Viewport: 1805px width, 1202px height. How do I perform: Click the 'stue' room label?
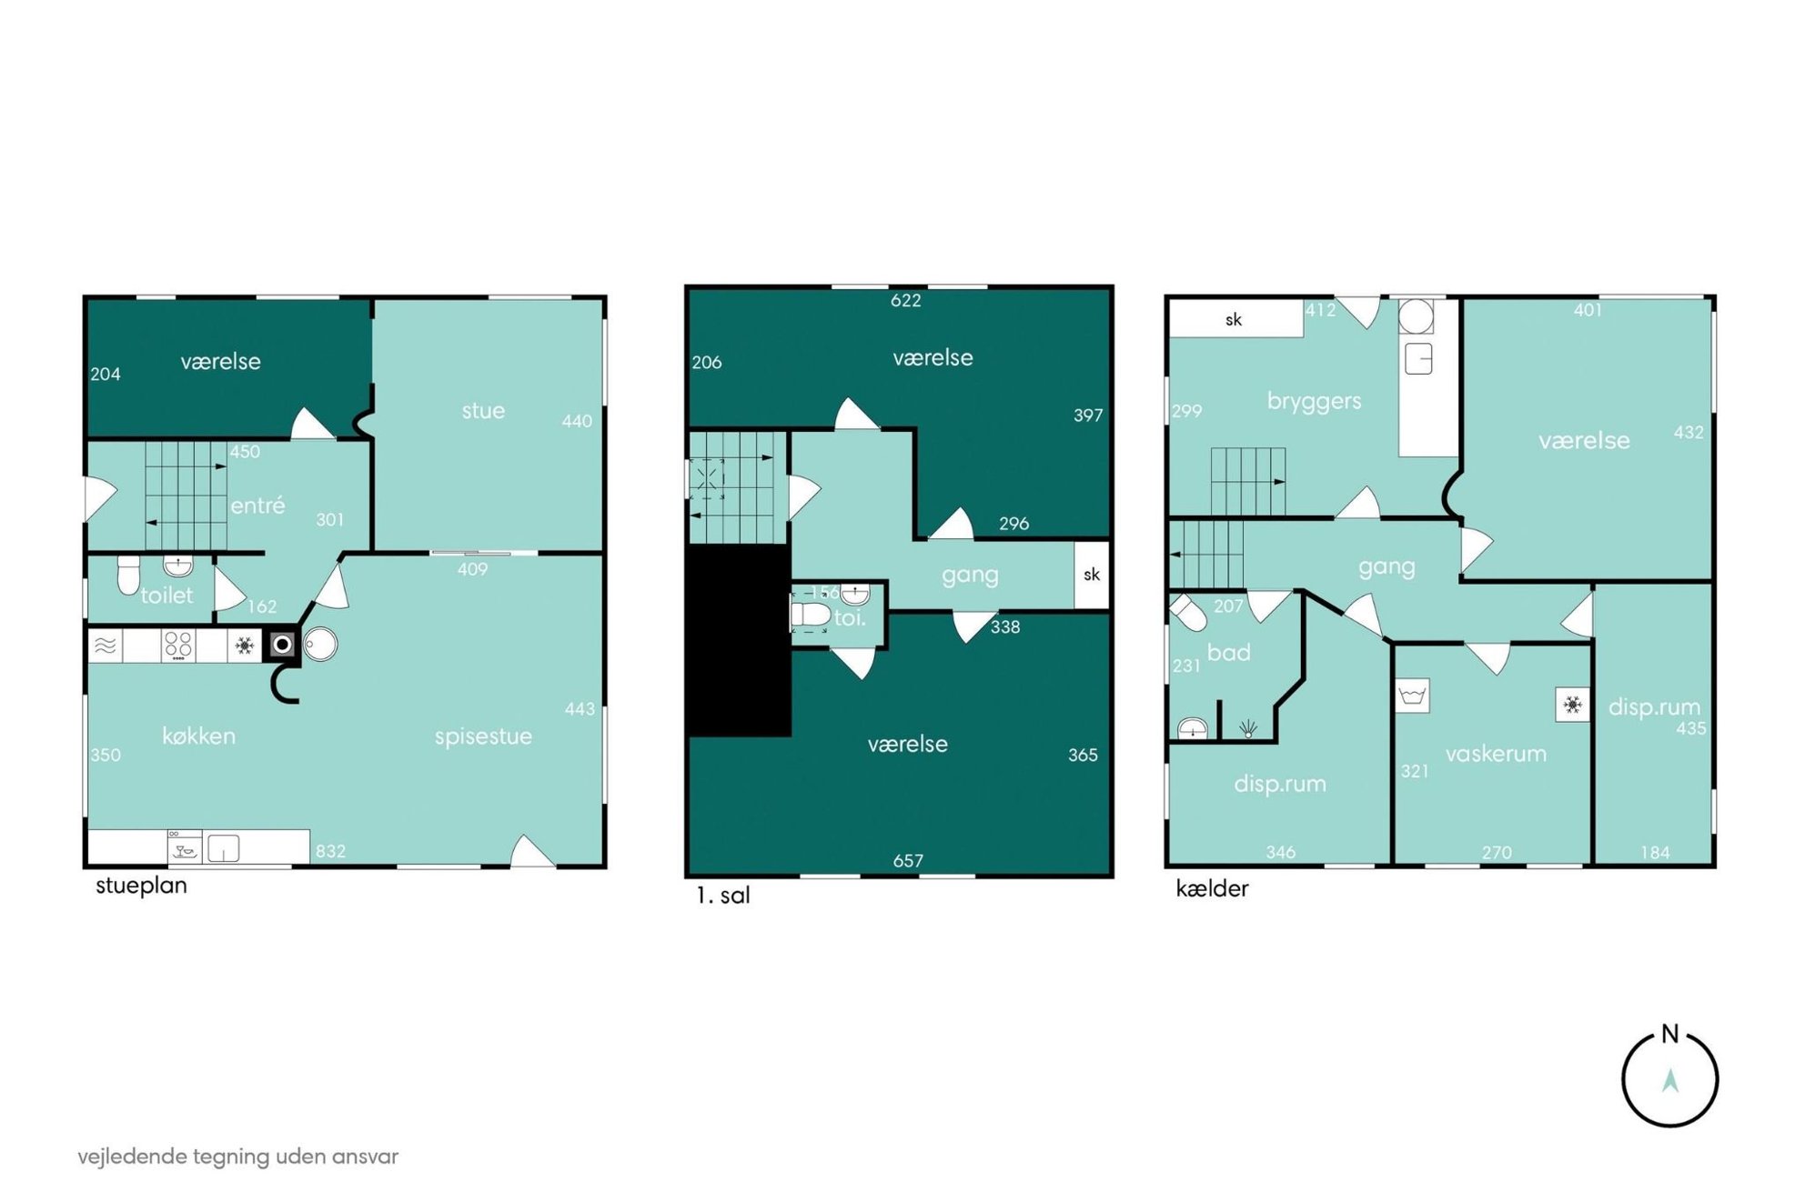pyautogui.click(x=483, y=411)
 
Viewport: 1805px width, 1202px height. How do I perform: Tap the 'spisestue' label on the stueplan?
pyautogui.click(x=483, y=736)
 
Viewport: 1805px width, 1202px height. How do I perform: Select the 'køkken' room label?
pyautogui.click(x=198, y=736)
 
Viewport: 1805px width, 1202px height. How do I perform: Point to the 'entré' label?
pyautogui.click(x=257, y=505)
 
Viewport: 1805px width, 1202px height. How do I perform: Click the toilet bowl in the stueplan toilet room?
pyautogui.click(x=129, y=575)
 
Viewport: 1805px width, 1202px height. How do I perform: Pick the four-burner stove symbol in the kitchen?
pyautogui.click(x=178, y=646)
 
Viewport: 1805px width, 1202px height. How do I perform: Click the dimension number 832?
pyautogui.click(x=330, y=851)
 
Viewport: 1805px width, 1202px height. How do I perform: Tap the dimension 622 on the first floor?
pyautogui.click(x=905, y=301)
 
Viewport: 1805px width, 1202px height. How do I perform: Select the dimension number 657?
pyautogui.click(x=908, y=860)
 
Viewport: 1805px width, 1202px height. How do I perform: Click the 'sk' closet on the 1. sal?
pyautogui.click(x=1092, y=575)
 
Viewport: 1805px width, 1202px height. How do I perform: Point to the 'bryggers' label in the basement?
pyautogui.click(x=1314, y=401)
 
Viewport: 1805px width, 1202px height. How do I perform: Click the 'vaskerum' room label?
pyautogui.click(x=1496, y=754)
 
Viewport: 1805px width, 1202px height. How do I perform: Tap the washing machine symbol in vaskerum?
pyautogui.click(x=1413, y=696)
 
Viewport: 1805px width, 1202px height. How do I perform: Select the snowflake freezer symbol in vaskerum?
pyautogui.click(x=1572, y=705)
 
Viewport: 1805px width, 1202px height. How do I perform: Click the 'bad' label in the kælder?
pyautogui.click(x=1228, y=653)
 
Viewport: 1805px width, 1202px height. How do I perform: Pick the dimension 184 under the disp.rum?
pyautogui.click(x=1655, y=852)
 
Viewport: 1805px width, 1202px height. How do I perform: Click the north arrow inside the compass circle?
pyautogui.click(x=1670, y=1080)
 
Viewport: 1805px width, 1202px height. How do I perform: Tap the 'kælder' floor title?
pyautogui.click(x=1212, y=888)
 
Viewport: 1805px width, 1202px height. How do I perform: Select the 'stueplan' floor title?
pyautogui.click(x=141, y=886)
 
